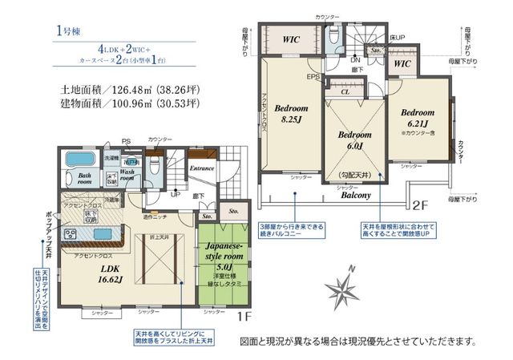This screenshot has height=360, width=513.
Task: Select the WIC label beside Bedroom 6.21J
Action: point(403,63)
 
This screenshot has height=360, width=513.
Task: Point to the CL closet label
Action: point(345,92)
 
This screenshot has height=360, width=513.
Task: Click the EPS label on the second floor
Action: point(315,78)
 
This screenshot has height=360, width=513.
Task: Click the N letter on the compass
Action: point(350,269)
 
